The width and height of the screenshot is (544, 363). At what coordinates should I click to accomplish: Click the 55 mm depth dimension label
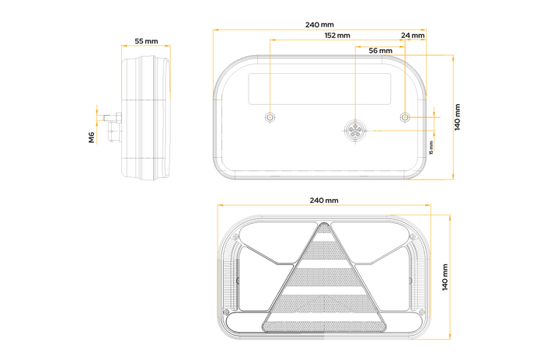tap(146, 40)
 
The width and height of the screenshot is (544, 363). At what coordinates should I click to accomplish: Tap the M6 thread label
tap(92, 138)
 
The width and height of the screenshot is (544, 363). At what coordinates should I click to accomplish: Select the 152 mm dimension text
tap(337, 36)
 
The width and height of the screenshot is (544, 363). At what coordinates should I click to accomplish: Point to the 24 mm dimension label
tap(413, 36)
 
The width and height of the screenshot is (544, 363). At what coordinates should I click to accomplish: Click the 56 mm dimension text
tap(379, 51)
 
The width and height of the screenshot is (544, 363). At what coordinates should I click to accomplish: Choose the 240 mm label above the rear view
tap(321, 25)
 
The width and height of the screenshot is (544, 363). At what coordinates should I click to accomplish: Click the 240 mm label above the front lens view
tap(324, 201)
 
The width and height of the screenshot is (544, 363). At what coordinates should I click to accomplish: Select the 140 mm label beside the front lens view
tap(445, 276)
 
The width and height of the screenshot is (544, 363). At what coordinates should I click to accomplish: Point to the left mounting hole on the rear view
tap(269, 117)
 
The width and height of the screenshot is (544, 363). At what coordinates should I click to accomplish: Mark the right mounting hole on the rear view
tap(405, 117)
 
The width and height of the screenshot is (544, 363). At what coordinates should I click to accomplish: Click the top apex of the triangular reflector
tap(324, 226)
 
